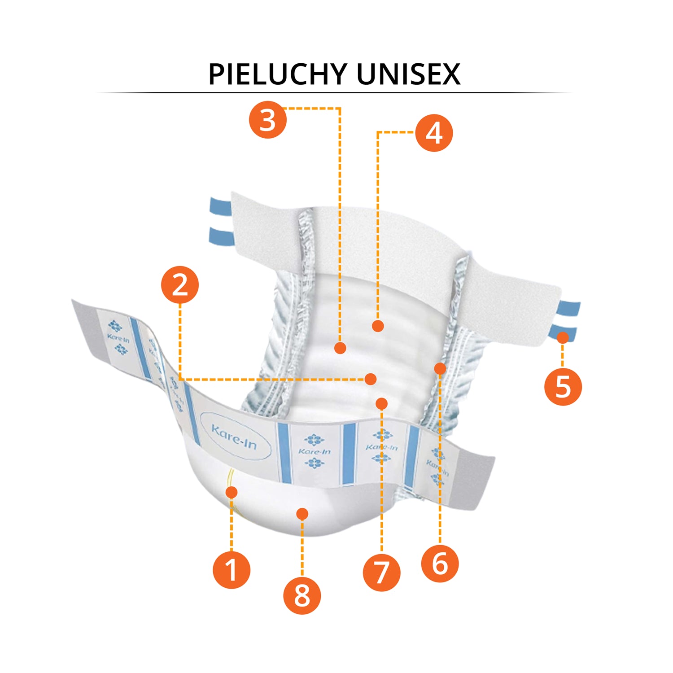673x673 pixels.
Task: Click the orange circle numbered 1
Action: coord(232,570)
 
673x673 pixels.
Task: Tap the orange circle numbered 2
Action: coord(180,285)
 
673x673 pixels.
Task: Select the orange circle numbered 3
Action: coord(268,120)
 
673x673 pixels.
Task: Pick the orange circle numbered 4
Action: coord(434,133)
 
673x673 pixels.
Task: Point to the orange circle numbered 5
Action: coord(563,387)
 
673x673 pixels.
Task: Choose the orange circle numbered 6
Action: coord(440,564)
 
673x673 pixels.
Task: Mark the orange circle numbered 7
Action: coord(381,572)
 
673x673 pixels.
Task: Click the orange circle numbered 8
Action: coord(302,596)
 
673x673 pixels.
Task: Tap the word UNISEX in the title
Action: coord(409,74)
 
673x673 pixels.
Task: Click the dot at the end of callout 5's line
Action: coord(563,337)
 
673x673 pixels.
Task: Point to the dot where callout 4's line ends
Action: coord(378,326)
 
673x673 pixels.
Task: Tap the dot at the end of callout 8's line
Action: coord(302,514)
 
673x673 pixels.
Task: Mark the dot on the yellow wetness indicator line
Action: coord(232,492)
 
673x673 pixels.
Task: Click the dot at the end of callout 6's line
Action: coord(440,369)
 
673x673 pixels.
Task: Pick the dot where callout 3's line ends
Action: coord(340,348)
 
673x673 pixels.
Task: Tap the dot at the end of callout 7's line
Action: coord(381,404)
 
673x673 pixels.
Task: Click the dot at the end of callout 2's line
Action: coord(371,379)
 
